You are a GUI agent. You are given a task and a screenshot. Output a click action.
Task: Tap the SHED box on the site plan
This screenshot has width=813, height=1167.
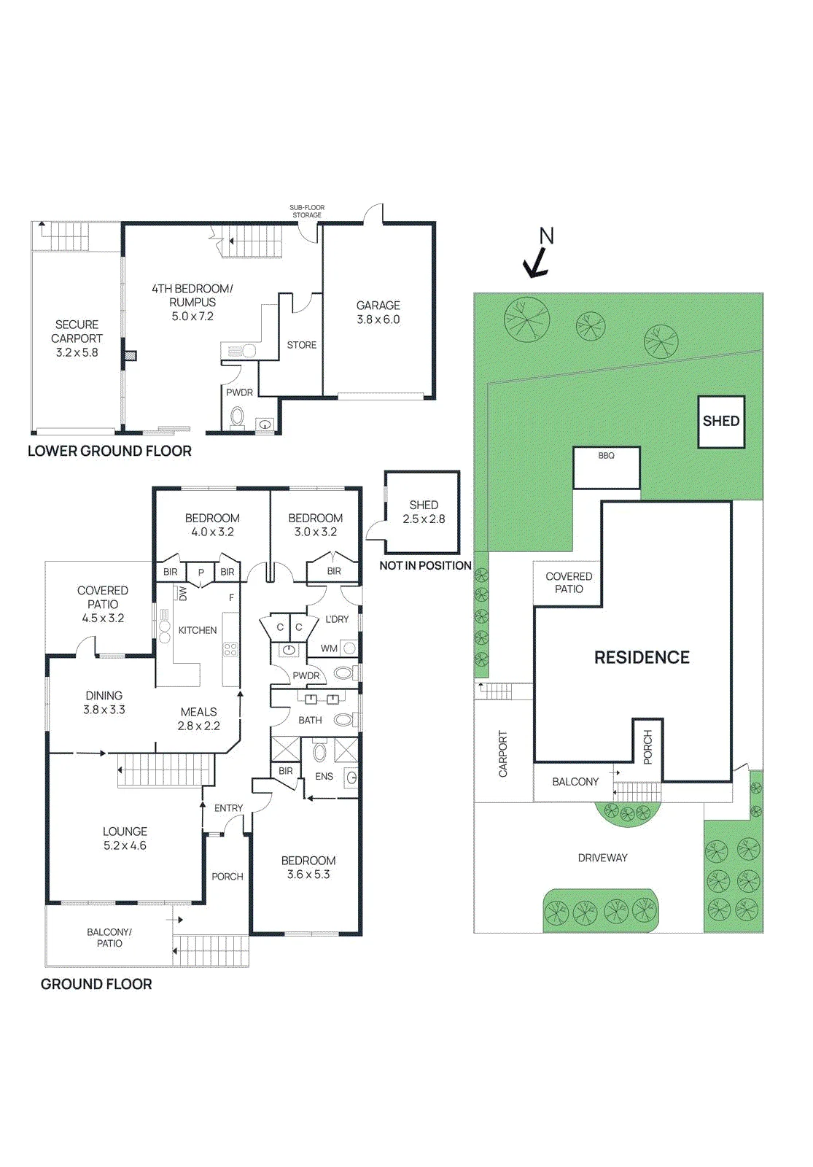(x=721, y=422)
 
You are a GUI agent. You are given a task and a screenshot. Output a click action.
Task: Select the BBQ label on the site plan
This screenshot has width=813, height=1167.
(x=606, y=455)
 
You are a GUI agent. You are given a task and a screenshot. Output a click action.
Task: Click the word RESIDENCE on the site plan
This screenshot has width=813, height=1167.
(x=642, y=657)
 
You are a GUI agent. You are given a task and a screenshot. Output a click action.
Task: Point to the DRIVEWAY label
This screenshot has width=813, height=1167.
(x=602, y=858)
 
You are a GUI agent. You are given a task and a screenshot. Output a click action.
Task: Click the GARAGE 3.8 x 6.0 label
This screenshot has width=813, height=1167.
(x=378, y=313)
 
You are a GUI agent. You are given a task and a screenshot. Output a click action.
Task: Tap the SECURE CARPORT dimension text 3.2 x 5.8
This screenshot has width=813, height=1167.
(x=77, y=352)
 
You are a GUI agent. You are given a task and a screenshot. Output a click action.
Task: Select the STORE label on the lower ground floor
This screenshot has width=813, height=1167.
(x=302, y=345)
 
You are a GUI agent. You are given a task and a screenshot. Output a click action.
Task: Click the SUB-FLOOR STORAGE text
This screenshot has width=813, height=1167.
(x=307, y=211)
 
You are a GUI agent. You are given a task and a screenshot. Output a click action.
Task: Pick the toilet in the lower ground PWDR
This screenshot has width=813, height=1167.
(x=238, y=416)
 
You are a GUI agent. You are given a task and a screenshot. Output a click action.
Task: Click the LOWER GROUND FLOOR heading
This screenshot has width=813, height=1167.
(x=109, y=451)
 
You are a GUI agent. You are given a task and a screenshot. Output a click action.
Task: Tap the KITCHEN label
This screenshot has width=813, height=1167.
(x=198, y=630)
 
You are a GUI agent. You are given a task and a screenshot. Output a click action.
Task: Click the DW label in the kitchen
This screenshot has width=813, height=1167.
(x=183, y=594)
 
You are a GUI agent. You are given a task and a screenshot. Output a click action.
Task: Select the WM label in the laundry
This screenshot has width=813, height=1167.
(x=329, y=648)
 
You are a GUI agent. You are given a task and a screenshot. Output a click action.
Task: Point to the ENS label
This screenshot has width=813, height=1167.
(x=324, y=776)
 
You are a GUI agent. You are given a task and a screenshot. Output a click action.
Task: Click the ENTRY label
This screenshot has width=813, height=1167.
(x=229, y=808)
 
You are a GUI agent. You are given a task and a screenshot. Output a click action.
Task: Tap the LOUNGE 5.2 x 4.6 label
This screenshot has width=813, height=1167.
(x=125, y=838)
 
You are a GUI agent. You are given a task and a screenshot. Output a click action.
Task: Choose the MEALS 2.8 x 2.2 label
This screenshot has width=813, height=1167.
(x=199, y=718)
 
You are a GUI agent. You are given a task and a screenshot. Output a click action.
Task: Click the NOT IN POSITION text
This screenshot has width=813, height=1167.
(x=426, y=566)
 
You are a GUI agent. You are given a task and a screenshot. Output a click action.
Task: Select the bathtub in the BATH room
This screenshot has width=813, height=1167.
(x=343, y=721)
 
